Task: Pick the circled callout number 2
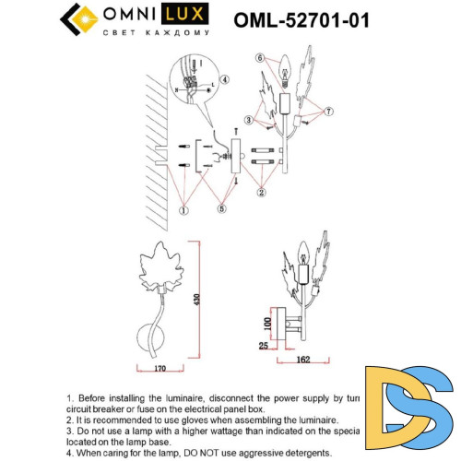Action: [262, 193]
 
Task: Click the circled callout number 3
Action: [249, 120]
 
